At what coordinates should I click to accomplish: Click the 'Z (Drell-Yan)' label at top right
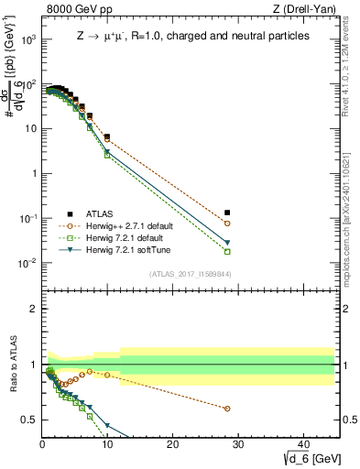pyautogui.click(x=303, y=10)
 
